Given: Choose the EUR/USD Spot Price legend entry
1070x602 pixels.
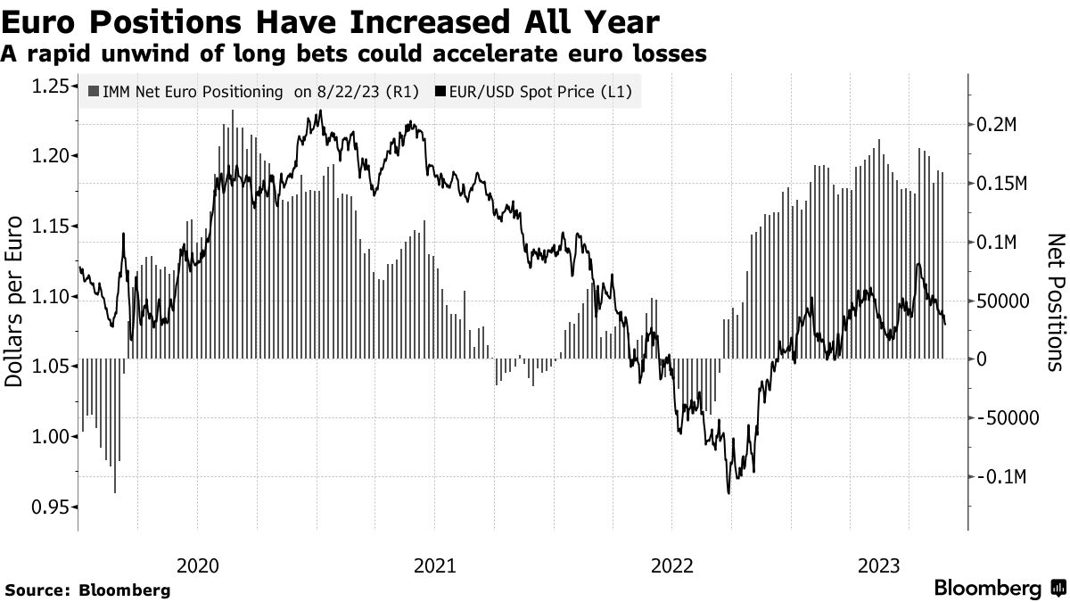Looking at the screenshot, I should [x=537, y=91].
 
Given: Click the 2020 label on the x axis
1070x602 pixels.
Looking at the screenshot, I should [x=197, y=565].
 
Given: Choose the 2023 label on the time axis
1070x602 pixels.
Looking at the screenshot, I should [x=878, y=565].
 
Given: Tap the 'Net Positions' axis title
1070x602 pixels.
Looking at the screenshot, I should [x=1055, y=301].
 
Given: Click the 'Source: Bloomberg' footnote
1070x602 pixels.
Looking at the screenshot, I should [x=87, y=590].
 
